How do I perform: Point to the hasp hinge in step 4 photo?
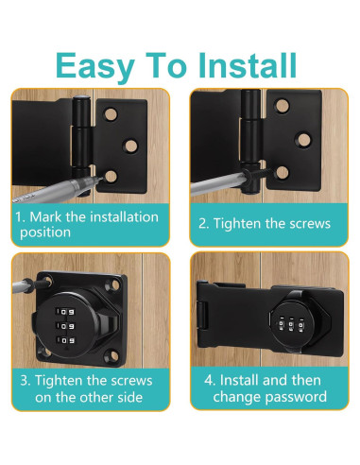tap(210, 321)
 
